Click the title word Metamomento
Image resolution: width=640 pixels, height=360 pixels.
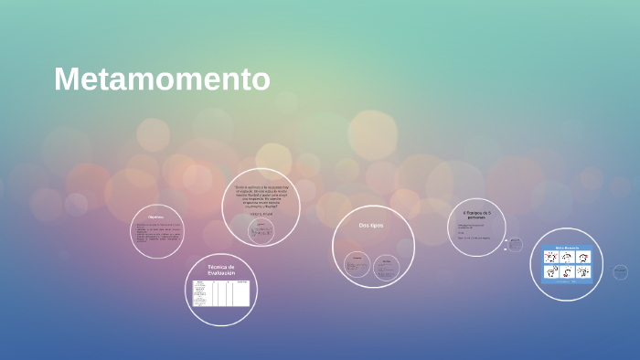click(x=162, y=79)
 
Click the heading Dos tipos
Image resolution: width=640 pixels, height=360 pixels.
click(x=371, y=225)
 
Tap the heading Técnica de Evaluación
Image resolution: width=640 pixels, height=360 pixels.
click(x=220, y=270)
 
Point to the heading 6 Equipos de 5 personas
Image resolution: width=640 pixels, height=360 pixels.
click(x=476, y=216)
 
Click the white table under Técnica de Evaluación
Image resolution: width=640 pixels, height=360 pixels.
click(x=220, y=292)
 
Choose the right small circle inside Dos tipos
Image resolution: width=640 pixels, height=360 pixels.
click(x=387, y=266)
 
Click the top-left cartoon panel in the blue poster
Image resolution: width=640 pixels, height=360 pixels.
click(x=551, y=258)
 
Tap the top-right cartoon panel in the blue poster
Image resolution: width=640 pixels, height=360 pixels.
click(x=581, y=258)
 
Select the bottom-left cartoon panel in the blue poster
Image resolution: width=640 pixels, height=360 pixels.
click(x=551, y=272)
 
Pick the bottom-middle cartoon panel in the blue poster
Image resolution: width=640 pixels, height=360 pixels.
click(x=567, y=272)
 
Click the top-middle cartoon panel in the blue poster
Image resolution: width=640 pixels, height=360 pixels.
click(x=567, y=258)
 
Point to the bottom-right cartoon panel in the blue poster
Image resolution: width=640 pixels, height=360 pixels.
click(x=581, y=272)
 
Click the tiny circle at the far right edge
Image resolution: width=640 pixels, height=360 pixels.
click(x=621, y=272)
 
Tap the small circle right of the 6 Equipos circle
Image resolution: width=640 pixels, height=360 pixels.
click(x=515, y=244)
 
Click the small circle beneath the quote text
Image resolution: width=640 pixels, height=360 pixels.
click(x=261, y=230)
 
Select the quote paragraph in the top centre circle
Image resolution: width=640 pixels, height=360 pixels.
click(x=261, y=196)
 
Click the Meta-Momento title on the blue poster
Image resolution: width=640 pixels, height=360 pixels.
click(x=567, y=248)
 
